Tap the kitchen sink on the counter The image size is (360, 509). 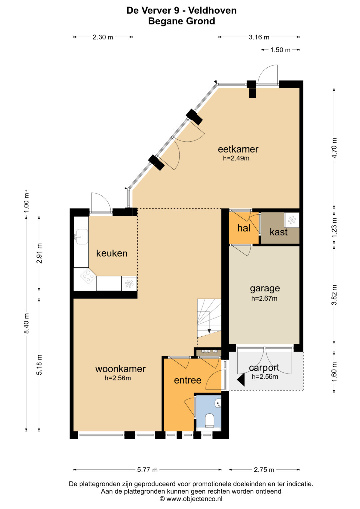(x=81, y=236)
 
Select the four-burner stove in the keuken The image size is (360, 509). (x=88, y=276)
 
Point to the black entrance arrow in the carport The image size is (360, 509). (x=241, y=380)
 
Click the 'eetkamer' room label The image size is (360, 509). (x=238, y=149)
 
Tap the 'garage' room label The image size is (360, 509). (x=265, y=289)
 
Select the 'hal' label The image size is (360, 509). (x=244, y=228)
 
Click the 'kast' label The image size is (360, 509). (x=279, y=232)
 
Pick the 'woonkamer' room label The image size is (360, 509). (x=120, y=369)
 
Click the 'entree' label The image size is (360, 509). (x=187, y=380)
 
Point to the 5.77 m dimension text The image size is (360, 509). (x=147, y=470)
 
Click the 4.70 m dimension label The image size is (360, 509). (x=334, y=148)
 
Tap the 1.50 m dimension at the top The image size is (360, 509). (x=280, y=50)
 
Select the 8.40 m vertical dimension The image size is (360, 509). (x=26, y=323)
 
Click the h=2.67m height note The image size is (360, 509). (x=264, y=298)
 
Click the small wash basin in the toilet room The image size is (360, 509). (x=218, y=403)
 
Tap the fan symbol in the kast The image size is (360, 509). (x=292, y=220)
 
